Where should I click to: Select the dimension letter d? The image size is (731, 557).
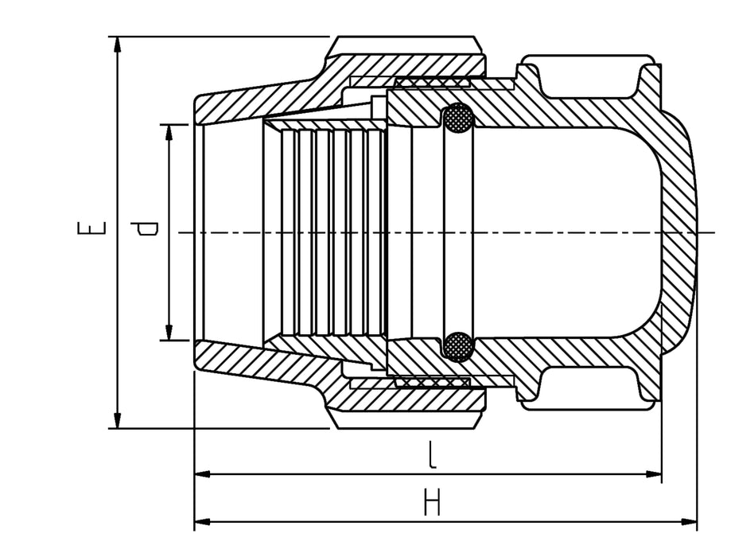point(147,230)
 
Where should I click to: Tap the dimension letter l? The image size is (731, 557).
point(430,455)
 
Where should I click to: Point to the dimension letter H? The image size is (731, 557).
point(432,503)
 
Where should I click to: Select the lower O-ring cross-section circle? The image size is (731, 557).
point(457,346)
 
